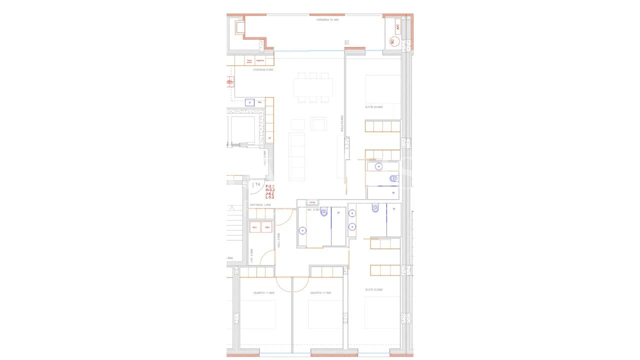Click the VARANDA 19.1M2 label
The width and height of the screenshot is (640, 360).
pyautogui.click(x=327, y=19)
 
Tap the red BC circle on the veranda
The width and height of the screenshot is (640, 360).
pyautogui.click(x=392, y=42)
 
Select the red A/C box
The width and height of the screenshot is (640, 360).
pyautogui.click(x=398, y=28)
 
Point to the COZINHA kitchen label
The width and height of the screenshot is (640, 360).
pyautogui.click(x=263, y=70)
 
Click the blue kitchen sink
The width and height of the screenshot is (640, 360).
pyautogui.click(x=250, y=102)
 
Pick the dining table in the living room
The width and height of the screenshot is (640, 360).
pyautogui.click(x=313, y=87)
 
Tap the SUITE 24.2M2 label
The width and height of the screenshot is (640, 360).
pyautogui.click(x=374, y=107)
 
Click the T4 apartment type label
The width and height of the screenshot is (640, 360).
pyautogui.click(x=257, y=184)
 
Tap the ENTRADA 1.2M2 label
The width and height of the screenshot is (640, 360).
pyautogui.click(x=260, y=205)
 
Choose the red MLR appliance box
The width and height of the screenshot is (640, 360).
pyautogui.click(x=254, y=227)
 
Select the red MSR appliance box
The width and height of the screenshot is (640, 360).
pyautogui.click(x=267, y=227)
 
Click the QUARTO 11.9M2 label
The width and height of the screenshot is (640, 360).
pyautogui.click(x=264, y=293)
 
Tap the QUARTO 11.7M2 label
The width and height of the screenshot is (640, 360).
pyautogui.click(x=320, y=293)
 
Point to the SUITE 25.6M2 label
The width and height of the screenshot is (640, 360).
pyautogui.click(x=374, y=289)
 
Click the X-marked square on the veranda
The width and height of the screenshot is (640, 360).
pyautogui.click(x=346, y=43)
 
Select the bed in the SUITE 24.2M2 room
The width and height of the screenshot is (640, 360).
pyautogui.click(x=382, y=90)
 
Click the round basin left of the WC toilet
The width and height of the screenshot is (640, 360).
pyautogui.click(x=302, y=230)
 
